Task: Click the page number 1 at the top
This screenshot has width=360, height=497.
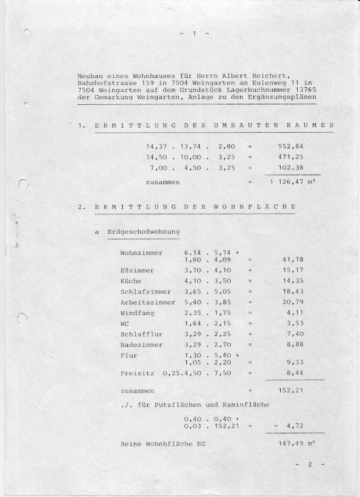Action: coord(193,34)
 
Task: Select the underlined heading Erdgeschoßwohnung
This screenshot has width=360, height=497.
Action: coord(143,232)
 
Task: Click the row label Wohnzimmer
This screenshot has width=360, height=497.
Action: coord(142,253)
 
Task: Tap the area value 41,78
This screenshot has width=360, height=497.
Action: coord(293,259)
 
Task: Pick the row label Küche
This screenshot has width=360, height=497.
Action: coord(131,281)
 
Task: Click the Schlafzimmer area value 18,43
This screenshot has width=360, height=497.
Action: coord(293,292)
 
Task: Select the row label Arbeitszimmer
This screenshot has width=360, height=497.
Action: coord(148,302)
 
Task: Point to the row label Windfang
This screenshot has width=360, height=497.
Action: coord(137,313)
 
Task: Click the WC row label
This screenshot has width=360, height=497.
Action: coord(125,323)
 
